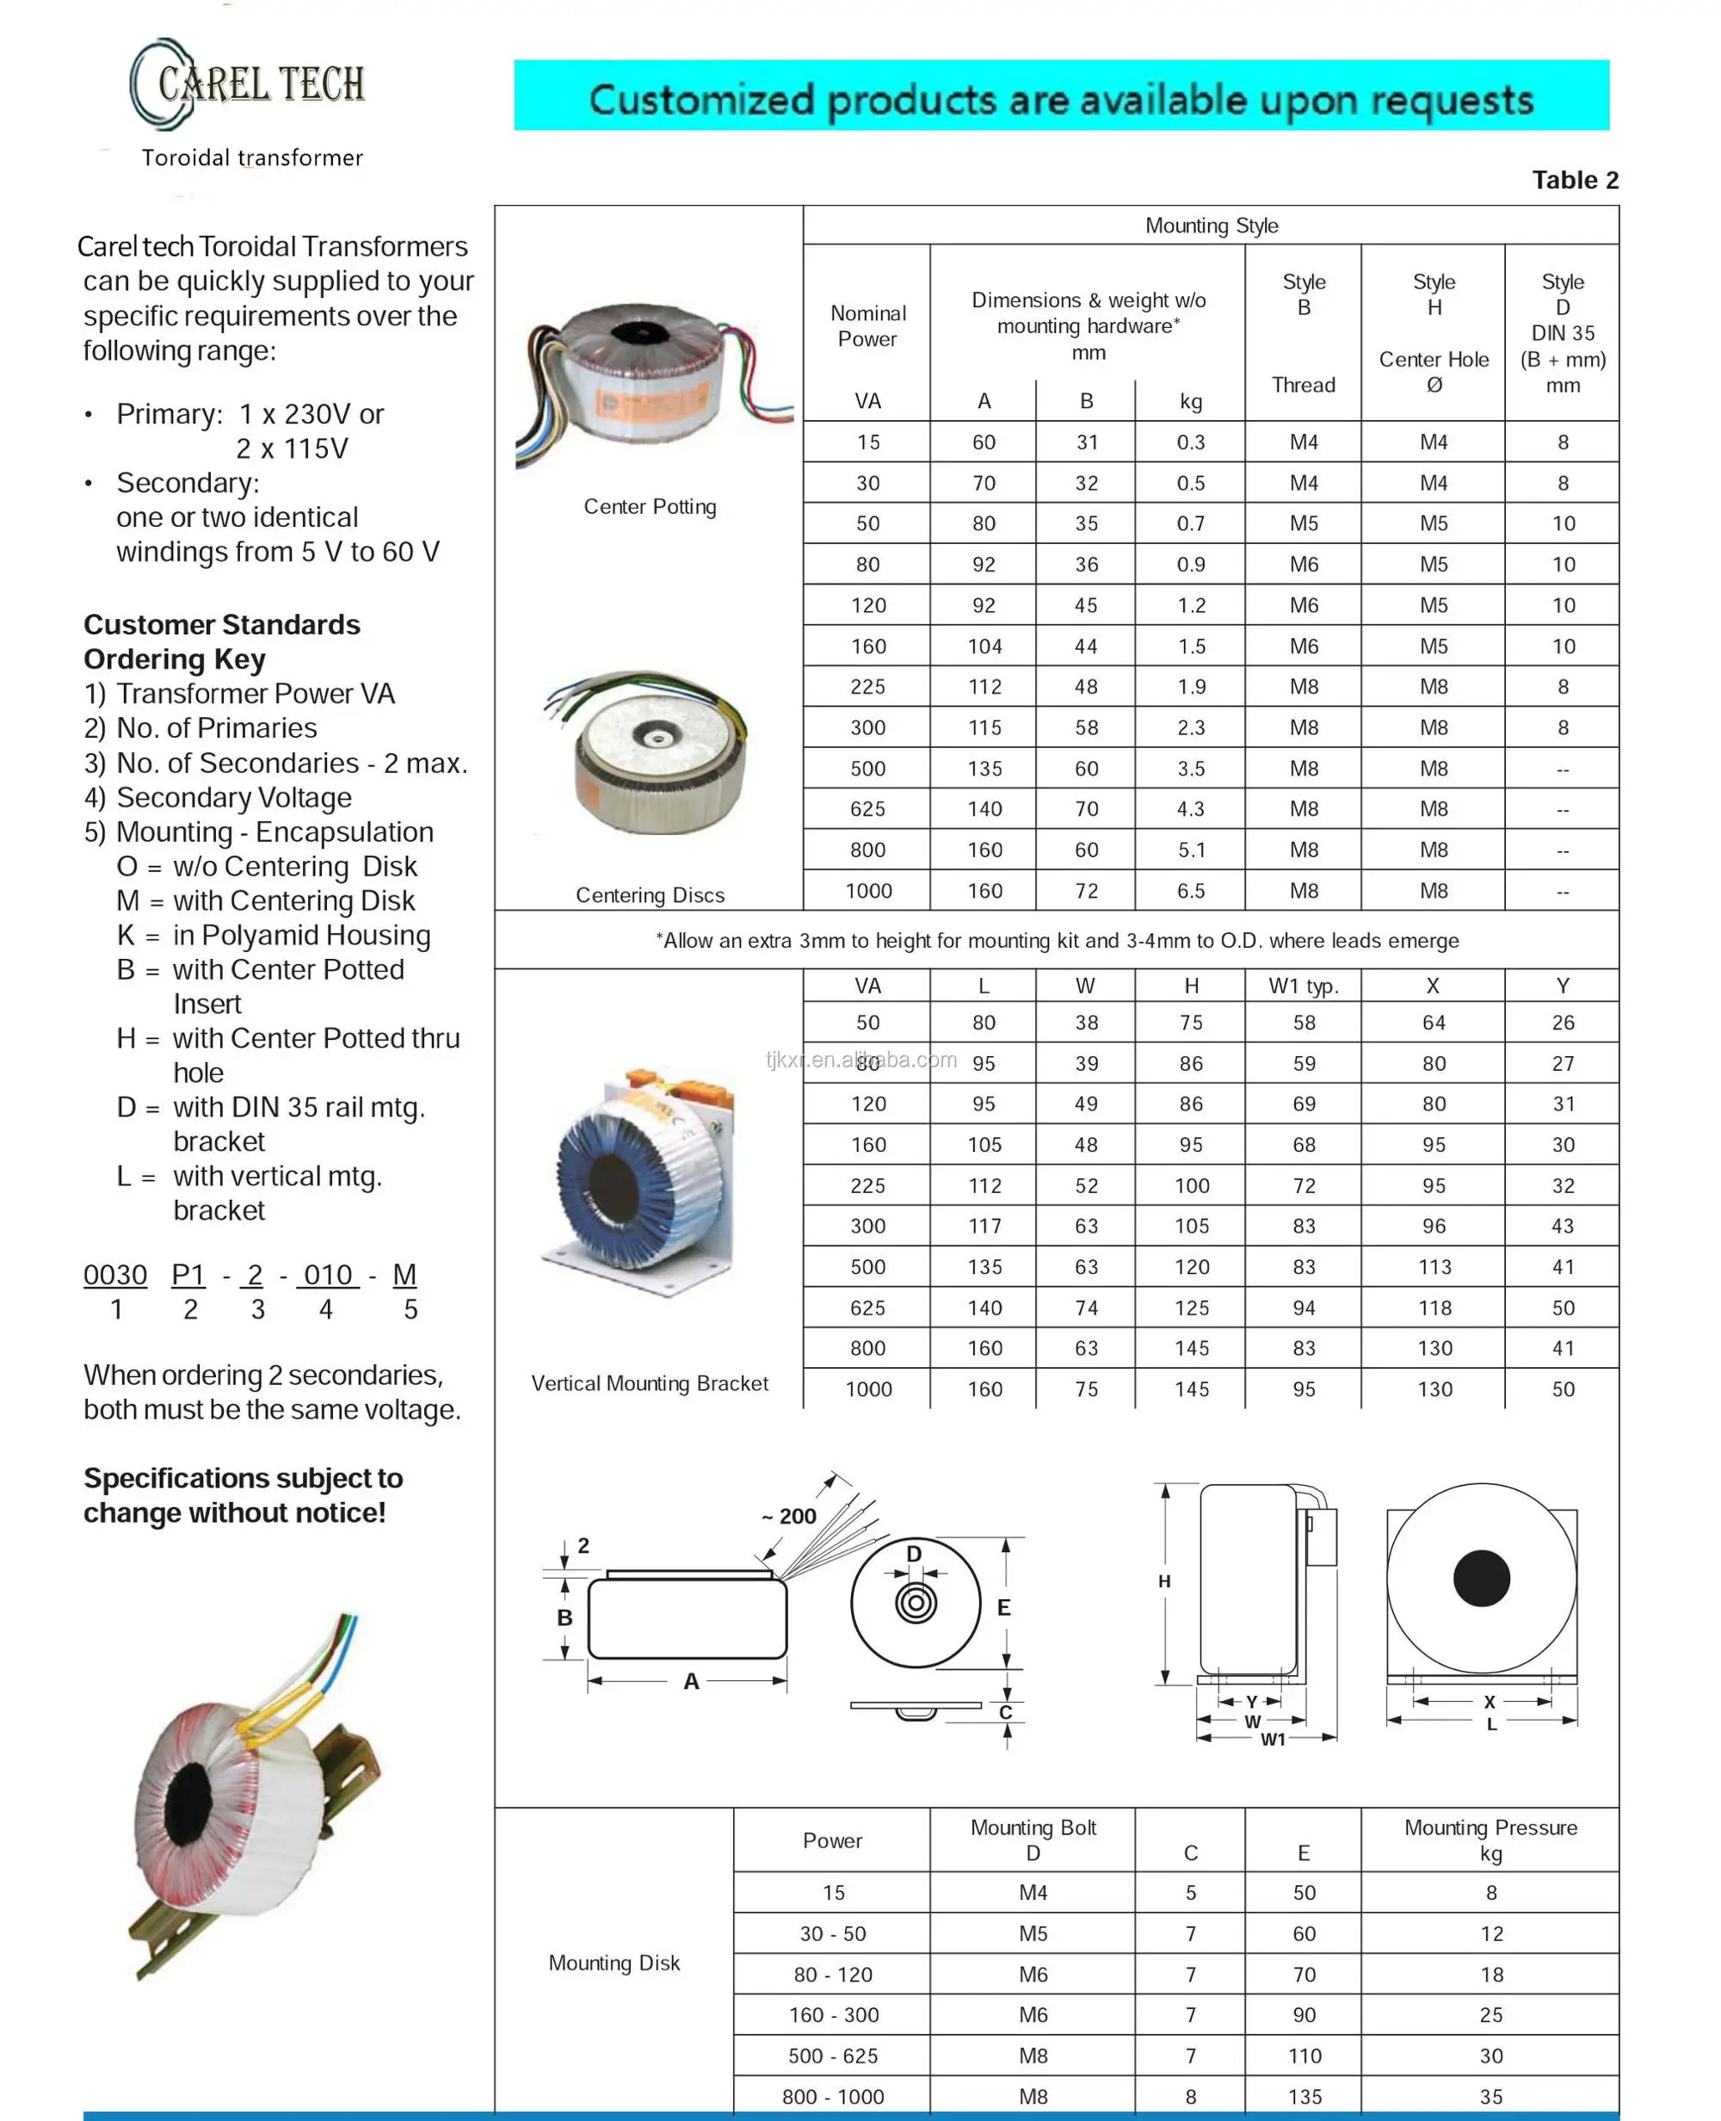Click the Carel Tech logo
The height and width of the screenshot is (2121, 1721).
pos(248,85)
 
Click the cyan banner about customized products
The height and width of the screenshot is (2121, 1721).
pos(1061,96)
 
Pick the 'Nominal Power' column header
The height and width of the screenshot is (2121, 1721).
pos(867,326)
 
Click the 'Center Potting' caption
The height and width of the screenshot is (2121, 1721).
pos(650,507)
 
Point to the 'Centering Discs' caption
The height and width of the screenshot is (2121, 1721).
pos(650,895)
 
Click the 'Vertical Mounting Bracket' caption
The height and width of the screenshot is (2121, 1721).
pos(650,1383)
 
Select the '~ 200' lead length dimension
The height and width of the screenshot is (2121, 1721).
pos(788,1516)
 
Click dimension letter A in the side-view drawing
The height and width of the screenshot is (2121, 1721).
pos(691,1682)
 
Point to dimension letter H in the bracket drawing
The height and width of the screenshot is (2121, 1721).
pos(1164,1581)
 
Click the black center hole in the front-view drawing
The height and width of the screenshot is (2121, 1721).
pos(1481,1578)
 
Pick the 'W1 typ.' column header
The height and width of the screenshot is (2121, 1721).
pos(1303,986)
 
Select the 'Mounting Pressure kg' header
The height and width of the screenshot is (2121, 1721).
pos(1490,1840)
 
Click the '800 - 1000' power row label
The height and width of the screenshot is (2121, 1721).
pos(833,2096)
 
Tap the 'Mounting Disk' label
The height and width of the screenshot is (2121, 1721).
pos(614,1963)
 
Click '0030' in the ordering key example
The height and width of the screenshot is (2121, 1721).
pos(115,1275)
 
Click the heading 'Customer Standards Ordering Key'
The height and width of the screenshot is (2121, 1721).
pos(221,641)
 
